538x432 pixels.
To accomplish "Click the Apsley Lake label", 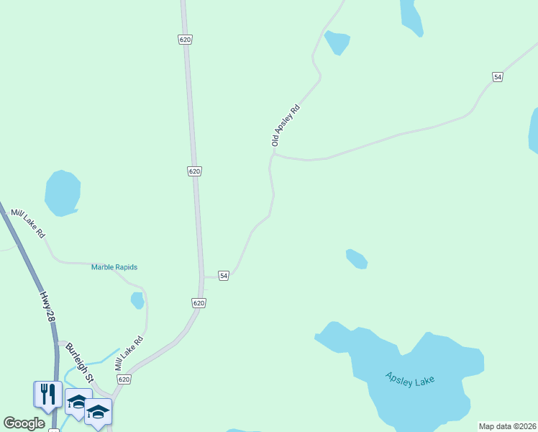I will click(x=411, y=379).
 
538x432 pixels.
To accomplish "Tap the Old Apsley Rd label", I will click(x=285, y=125).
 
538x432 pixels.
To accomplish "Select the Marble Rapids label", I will click(x=114, y=267).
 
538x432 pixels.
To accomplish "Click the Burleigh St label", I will click(x=80, y=361).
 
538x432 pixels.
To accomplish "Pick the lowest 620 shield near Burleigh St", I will click(x=124, y=379).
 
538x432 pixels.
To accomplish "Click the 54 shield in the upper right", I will click(x=497, y=76).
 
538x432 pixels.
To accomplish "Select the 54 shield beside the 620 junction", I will click(x=224, y=276).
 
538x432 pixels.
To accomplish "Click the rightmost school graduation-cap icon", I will click(x=98, y=411).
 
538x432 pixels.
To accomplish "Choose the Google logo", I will click(x=24, y=423).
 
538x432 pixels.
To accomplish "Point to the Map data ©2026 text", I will click(x=506, y=426).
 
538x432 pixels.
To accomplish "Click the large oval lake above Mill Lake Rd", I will click(x=62, y=192).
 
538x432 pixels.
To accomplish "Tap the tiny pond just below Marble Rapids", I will click(x=137, y=300).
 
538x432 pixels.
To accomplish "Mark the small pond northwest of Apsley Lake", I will click(x=357, y=258).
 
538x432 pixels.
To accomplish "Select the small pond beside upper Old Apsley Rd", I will click(x=337, y=42).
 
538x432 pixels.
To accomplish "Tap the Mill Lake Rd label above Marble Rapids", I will click(x=28, y=224).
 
